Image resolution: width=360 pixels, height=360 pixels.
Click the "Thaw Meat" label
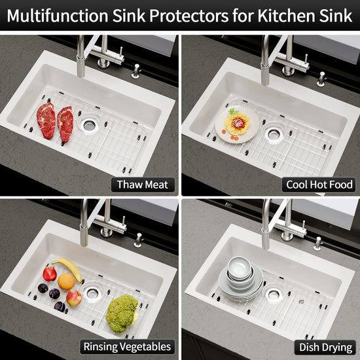click(x=143, y=185)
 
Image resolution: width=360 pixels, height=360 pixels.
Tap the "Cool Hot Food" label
click(x=319, y=185)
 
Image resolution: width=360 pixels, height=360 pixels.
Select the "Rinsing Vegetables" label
click(x=127, y=347)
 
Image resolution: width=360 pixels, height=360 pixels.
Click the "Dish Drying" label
click(x=325, y=347)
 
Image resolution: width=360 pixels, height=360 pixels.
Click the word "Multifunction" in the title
click(x=58, y=16)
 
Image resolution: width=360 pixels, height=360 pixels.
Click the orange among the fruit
click(x=66, y=281)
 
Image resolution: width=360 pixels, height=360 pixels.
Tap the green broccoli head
click(x=122, y=314)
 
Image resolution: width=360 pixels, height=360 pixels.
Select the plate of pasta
click(x=237, y=124)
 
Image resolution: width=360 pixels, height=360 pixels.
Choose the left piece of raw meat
click(x=46, y=121)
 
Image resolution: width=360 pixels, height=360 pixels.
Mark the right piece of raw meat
click(x=65, y=124)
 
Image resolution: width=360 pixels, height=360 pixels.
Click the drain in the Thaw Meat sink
click(x=89, y=124)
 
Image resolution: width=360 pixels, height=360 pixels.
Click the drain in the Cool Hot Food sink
click(x=274, y=133)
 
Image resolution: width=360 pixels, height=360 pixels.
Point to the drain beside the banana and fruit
click(x=92, y=293)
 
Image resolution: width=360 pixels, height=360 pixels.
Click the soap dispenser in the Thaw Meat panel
click(x=136, y=71)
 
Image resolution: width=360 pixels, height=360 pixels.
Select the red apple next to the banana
click(x=50, y=274)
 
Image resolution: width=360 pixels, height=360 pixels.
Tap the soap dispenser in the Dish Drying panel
click(x=318, y=243)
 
